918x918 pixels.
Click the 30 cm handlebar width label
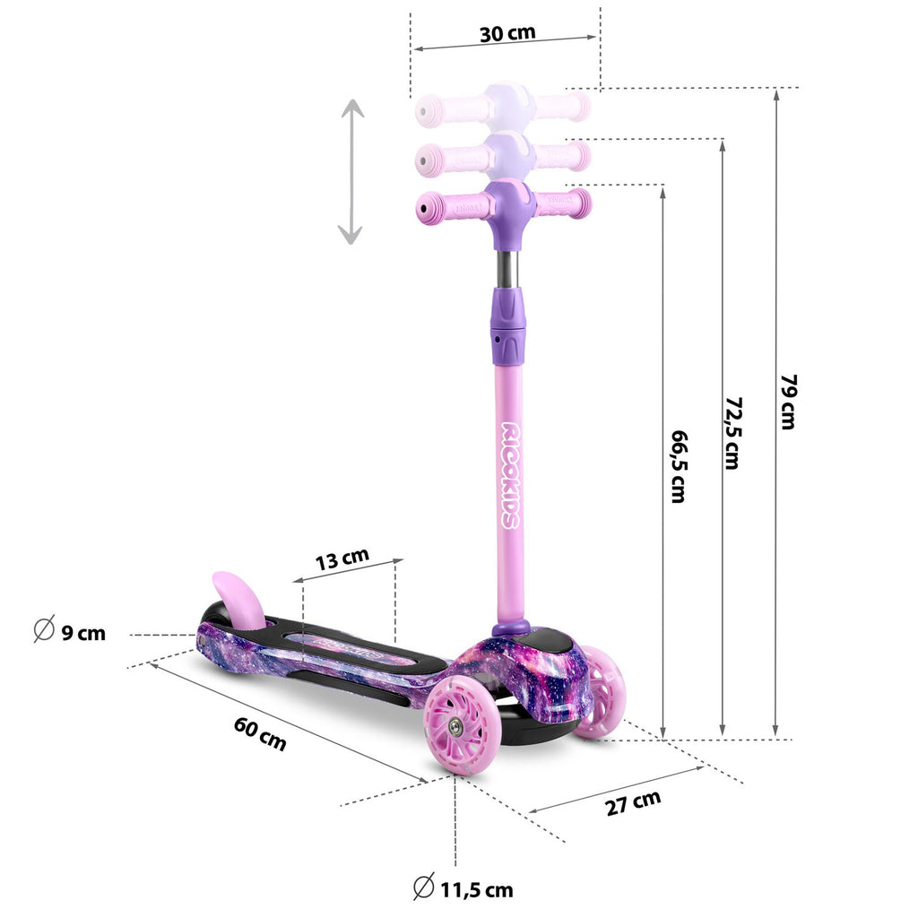(x=507, y=33)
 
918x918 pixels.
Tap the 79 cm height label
(x=789, y=403)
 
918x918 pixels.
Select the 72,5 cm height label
(x=733, y=433)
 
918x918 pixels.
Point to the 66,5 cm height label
(x=680, y=466)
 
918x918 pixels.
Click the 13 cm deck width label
(x=342, y=559)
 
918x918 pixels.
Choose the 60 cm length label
(x=260, y=733)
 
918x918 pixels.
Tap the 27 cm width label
(x=633, y=802)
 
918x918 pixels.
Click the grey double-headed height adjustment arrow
(x=351, y=171)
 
